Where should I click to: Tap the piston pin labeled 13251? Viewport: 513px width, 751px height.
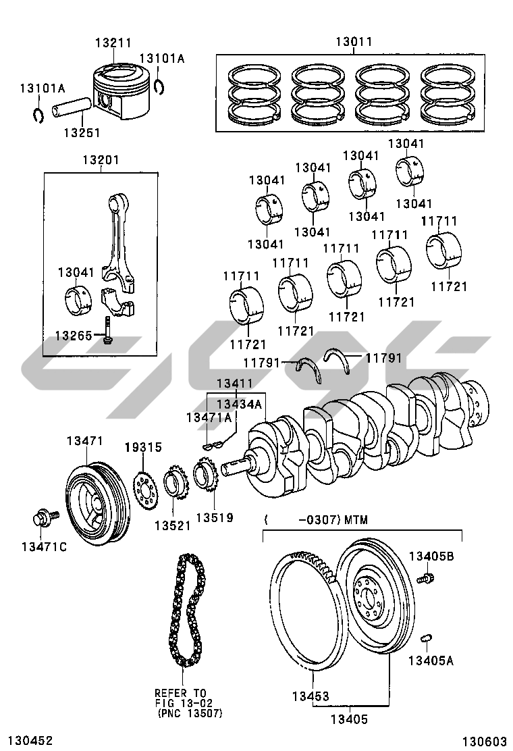click(x=68, y=107)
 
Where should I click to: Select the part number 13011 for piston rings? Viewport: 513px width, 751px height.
click(x=354, y=42)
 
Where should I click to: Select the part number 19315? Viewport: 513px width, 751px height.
click(x=143, y=447)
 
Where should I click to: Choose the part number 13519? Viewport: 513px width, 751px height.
click(x=215, y=518)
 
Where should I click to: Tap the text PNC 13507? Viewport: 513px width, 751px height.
click(x=190, y=713)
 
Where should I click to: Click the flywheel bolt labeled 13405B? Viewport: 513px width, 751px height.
click(x=425, y=578)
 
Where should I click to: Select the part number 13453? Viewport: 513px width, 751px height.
click(x=310, y=696)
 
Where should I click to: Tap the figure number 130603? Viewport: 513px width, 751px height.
click(x=484, y=742)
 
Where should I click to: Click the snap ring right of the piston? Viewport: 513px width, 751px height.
click(x=160, y=86)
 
